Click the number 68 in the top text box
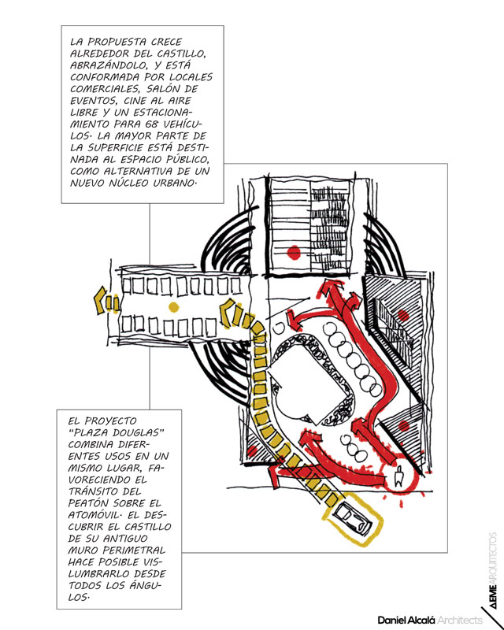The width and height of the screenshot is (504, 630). [152, 124]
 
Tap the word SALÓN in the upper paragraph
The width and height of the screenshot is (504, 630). [163, 89]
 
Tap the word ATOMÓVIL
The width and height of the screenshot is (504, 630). [95, 515]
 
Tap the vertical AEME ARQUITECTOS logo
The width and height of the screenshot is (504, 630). [493, 569]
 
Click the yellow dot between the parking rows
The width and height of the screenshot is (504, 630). [173, 307]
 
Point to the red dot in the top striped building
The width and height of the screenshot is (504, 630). [294, 253]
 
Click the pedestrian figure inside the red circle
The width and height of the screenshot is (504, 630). [398, 476]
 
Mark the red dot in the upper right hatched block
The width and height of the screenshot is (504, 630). [403, 315]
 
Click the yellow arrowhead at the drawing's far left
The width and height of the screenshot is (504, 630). [101, 300]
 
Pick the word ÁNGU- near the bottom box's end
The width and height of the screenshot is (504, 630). [146, 585]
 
